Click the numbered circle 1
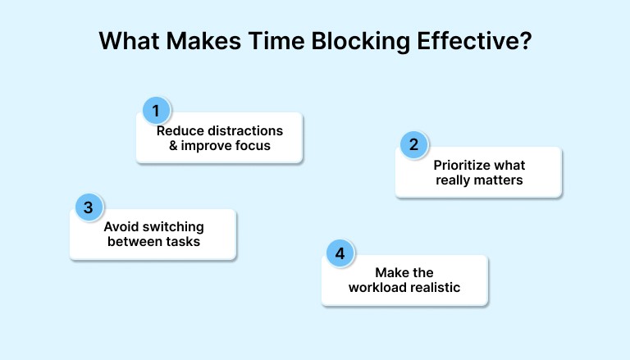click(x=156, y=111)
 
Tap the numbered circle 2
click(x=414, y=145)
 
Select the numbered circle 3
click(x=89, y=207)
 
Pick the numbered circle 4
click(x=340, y=253)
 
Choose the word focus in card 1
click(x=253, y=146)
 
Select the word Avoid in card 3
click(x=120, y=227)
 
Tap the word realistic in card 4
click(x=434, y=287)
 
